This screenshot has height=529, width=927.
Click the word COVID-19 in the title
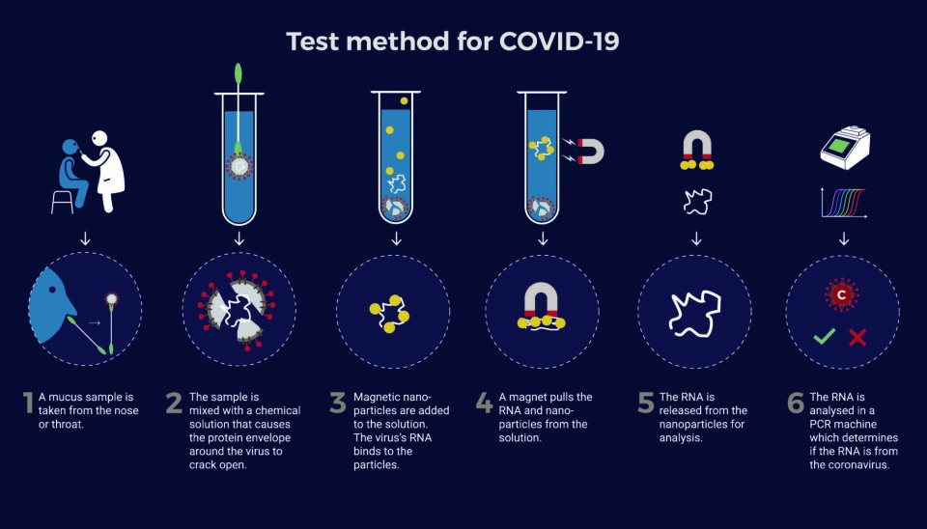click(559, 42)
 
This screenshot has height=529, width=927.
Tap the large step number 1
click(28, 404)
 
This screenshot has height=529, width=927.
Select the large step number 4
click(484, 404)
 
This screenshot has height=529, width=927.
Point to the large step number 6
click(796, 404)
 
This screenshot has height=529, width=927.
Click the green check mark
click(824, 336)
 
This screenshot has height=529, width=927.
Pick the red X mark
click(857, 338)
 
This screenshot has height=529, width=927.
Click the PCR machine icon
click(846, 148)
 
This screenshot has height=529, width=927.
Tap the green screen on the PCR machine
click(838, 146)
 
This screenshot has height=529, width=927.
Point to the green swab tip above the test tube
click(239, 73)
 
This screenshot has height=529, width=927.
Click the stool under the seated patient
click(62, 201)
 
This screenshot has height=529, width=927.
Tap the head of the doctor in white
click(99, 139)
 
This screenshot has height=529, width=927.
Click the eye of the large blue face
click(52, 290)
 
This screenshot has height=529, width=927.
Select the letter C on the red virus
click(841, 294)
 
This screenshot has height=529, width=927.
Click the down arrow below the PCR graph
click(844, 238)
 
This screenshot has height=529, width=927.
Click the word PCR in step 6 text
click(821, 424)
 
